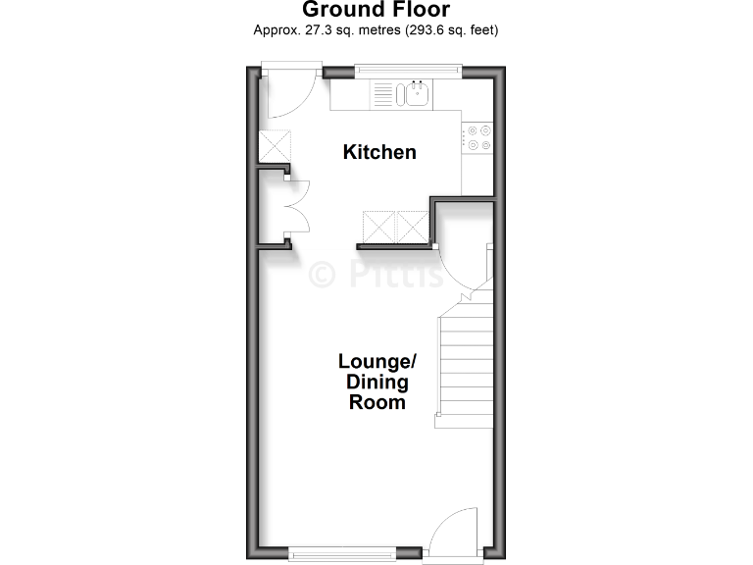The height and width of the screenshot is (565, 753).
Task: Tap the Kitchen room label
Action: coord(378,152)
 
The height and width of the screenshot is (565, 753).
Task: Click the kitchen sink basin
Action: coord(415,94)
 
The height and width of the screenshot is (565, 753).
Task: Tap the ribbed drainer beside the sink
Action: coord(381,94)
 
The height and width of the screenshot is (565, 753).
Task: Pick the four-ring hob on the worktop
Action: coord(477,137)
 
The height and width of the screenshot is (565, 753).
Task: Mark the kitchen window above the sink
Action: coord(407,70)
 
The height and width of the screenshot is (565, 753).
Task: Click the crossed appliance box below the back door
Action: coord(273,146)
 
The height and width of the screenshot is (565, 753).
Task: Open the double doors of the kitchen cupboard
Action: coord(298,206)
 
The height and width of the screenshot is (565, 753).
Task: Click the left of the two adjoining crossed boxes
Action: coord(379,228)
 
